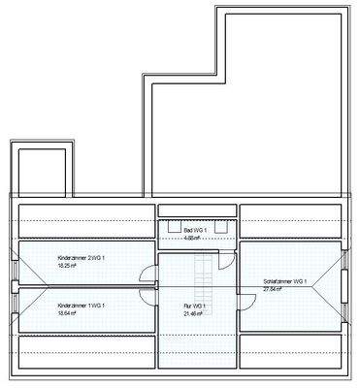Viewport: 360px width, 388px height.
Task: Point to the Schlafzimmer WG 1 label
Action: coord(284,281)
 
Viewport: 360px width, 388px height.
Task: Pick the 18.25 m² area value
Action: coord(67,265)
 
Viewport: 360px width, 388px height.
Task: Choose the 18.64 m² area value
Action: coord(67,313)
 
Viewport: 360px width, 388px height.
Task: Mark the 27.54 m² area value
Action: coord(273,289)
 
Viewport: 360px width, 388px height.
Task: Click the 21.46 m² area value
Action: coord(195,313)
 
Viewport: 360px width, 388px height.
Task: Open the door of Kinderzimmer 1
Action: coord(148,296)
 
